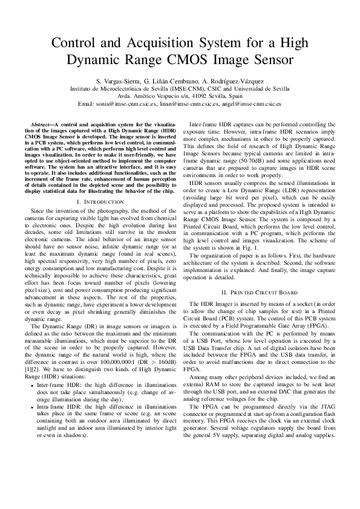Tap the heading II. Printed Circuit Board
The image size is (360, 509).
[x=261, y=291]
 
